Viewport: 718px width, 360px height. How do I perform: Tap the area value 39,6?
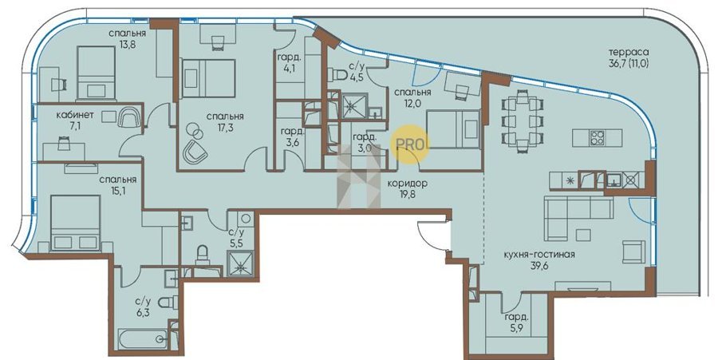[537, 265]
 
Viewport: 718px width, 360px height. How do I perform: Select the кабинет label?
[75, 116]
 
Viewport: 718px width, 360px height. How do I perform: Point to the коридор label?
[408, 184]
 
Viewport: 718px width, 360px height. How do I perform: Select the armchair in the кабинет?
[128, 117]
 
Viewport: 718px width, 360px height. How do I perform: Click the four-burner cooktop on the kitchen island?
[597, 138]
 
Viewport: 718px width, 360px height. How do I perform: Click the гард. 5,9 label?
[517, 322]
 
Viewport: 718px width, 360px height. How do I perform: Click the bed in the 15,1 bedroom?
[76, 223]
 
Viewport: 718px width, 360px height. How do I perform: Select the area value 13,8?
[127, 45]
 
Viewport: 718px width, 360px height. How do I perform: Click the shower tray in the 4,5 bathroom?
[352, 107]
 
